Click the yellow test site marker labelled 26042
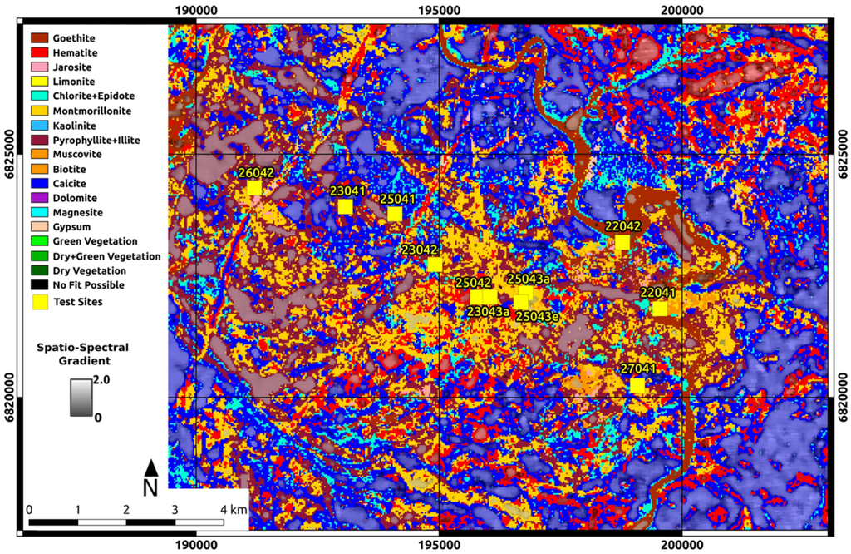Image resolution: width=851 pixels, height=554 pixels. (x=253, y=188)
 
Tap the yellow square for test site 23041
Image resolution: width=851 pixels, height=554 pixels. (x=345, y=206)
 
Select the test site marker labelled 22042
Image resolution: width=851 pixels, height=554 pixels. (x=622, y=242)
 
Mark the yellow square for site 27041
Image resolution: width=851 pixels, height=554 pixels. (x=637, y=385)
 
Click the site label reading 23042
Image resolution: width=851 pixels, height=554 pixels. (x=420, y=250)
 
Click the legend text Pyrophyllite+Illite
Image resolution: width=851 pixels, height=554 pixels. (x=96, y=140)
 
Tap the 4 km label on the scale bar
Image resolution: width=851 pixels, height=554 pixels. (x=233, y=508)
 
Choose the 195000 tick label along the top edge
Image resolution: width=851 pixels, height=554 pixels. (x=438, y=10)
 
